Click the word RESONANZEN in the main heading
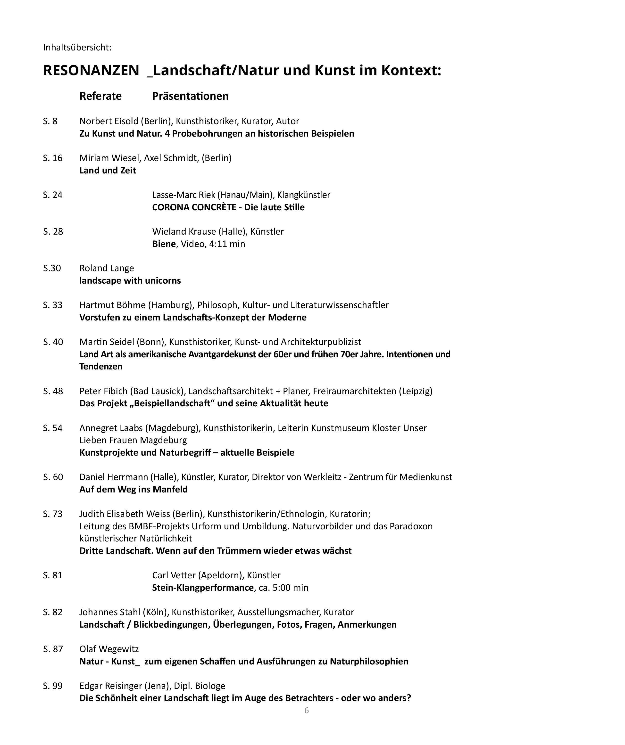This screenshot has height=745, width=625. [91, 70]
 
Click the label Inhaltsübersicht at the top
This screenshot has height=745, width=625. [77, 47]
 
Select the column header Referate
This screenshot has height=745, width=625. [100, 96]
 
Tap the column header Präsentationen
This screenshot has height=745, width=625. [190, 96]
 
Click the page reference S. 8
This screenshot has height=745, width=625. [50, 121]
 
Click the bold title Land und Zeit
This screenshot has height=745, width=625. [108, 171]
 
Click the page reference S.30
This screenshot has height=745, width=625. [52, 268]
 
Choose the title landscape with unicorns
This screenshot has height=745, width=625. [130, 281]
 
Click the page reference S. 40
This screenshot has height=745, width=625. [53, 342]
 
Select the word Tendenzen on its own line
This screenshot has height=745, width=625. [101, 367]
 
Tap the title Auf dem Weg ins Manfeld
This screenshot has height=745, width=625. [133, 490]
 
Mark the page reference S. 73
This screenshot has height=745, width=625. [52, 514]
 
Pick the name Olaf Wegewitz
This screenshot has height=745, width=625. [109, 649]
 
